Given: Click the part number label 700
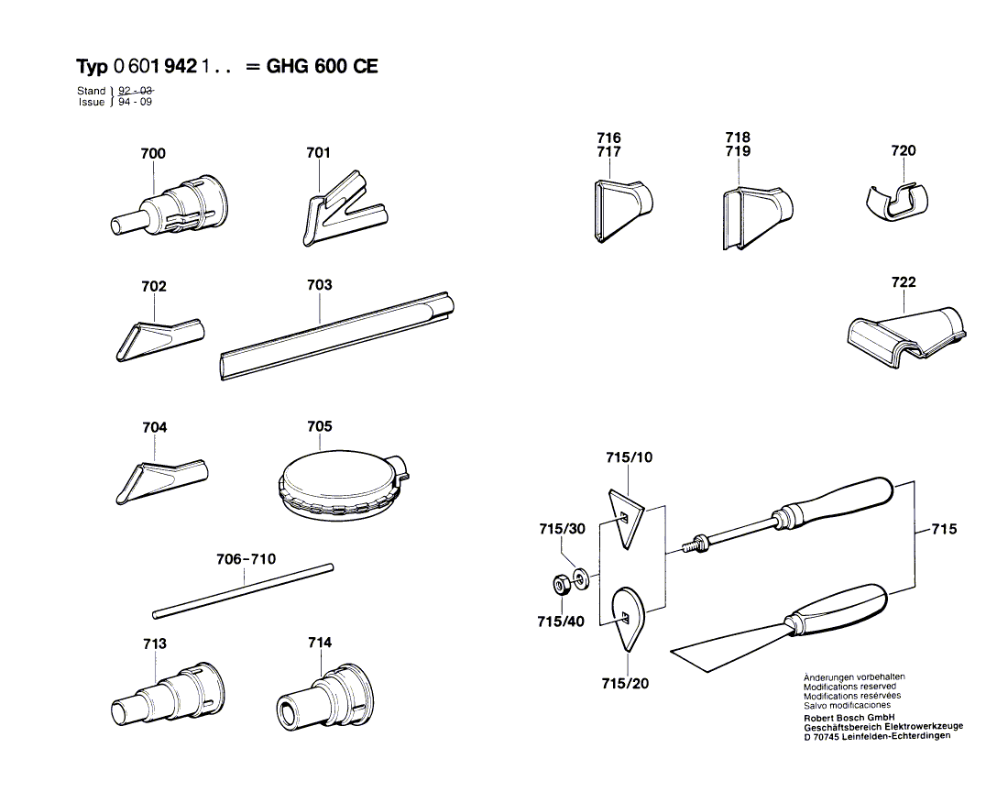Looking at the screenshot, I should pos(153,153).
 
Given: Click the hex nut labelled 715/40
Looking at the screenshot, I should pos(561,584).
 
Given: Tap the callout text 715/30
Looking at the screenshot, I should pos(561,529).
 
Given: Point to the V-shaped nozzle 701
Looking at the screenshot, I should pos(334,211).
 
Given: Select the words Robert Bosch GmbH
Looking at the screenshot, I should pos(849,717).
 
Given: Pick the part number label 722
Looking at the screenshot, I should pos(903,282).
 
